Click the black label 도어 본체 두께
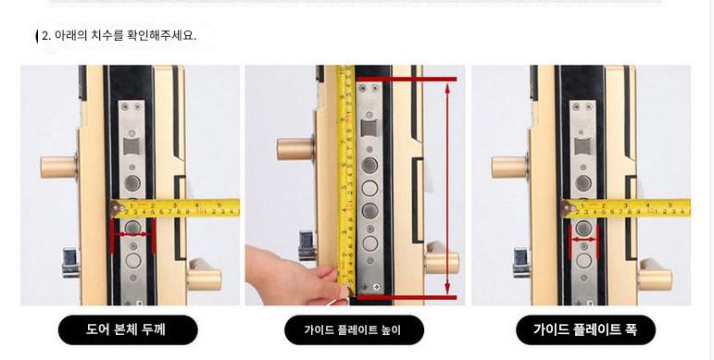coord(128,329)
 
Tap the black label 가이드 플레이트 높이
coord(354,329)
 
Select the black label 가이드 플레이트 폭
coord(585,329)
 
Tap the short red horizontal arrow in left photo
coord(132,234)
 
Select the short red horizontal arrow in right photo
coord(583,239)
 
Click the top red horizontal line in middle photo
coord(407,80)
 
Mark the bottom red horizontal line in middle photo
coord(407,298)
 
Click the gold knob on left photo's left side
coord(58,167)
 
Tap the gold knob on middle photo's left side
coord(295,149)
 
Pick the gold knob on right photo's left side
coord(509,167)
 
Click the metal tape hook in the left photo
coord(118,209)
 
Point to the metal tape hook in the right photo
coord(569,209)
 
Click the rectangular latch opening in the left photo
coord(132,146)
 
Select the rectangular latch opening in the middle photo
coord(370,128)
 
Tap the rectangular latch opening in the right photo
coord(582,146)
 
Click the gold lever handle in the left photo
coord(204,276)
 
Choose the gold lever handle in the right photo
coord(655,276)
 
